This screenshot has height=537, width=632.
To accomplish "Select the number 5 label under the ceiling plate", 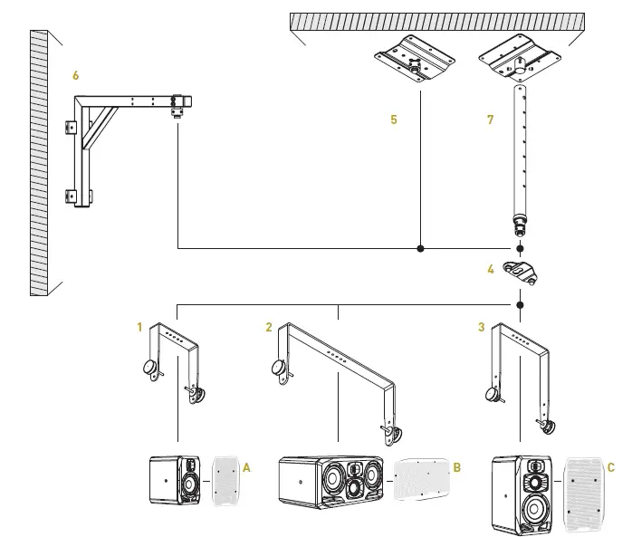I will (394, 120).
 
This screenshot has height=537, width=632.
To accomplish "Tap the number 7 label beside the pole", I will (490, 120).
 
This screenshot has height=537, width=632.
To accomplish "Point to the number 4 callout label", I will (490, 268).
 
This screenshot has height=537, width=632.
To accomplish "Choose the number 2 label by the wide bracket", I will (269, 327).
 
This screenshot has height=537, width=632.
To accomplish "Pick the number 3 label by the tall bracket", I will (481, 327).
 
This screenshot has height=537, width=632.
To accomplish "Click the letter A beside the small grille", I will (246, 467).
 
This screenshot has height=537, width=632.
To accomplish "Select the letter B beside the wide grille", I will (457, 467).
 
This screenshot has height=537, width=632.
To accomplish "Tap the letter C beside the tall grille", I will (611, 467).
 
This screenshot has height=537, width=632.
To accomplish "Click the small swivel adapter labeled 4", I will (521, 273).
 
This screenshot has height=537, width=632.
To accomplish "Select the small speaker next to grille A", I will (177, 479).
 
